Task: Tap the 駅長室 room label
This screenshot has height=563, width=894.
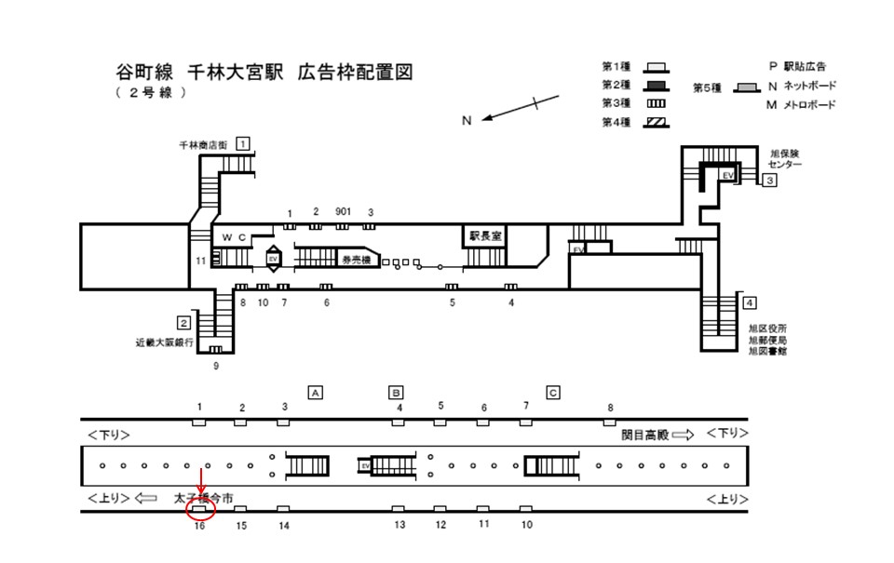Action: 485,236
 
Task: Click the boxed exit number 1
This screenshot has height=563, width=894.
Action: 243,143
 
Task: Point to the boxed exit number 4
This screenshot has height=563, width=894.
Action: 750,302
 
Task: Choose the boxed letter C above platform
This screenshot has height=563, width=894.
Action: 553,392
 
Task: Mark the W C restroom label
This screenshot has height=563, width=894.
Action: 233,238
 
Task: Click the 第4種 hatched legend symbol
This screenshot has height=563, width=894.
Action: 657,121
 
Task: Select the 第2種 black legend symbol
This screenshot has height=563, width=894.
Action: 657,85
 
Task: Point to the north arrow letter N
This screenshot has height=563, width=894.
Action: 468,119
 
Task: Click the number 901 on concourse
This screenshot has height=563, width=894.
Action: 343,211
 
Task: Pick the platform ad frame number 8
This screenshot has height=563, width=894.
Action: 611,408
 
